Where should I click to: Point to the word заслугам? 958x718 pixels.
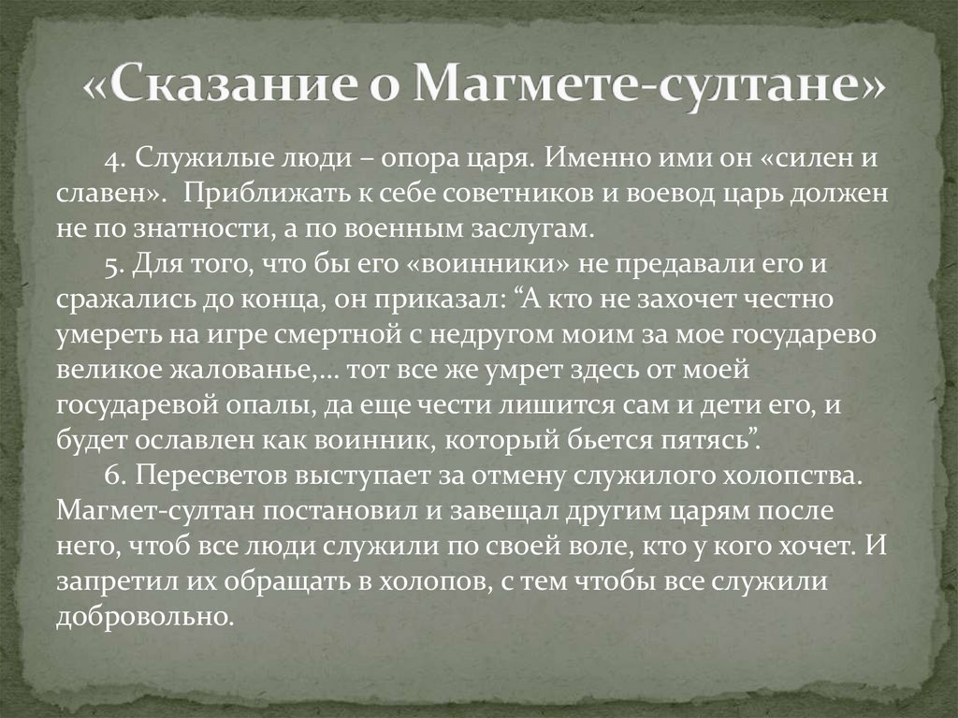click(530, 230)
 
